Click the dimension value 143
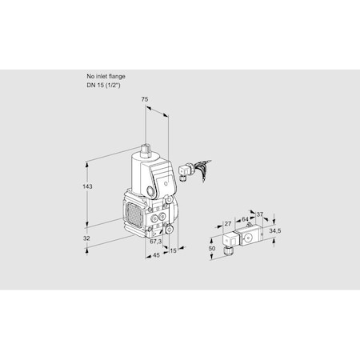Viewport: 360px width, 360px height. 88,186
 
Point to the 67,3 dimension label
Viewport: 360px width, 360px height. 155,241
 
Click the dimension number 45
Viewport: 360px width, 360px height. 155,255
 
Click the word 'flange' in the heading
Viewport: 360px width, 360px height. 116,76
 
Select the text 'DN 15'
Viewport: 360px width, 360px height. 95,83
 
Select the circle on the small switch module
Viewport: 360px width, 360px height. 248,237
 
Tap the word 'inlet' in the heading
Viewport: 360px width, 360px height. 100,76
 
